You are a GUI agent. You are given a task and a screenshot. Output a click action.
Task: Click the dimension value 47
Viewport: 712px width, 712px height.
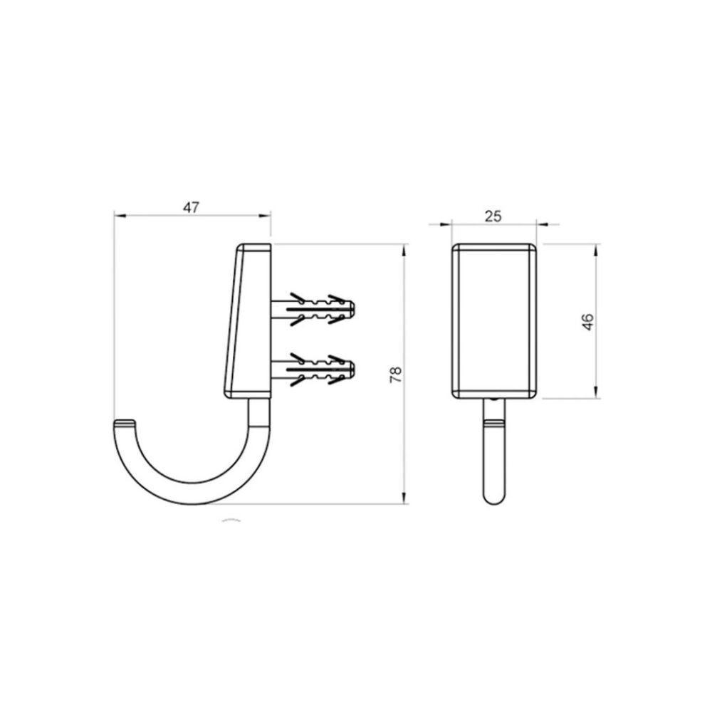pyautogui.click(x=191, y=207)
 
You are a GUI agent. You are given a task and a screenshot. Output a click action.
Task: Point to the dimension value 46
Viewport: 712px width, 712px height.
pyautogui.click(x=587, y=321)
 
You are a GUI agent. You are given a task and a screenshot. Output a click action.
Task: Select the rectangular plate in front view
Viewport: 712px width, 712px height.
pyautogui.click(x=495, y=320)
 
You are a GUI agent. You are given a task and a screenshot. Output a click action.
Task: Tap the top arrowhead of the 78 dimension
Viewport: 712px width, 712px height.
pyautogui.click(x=405, y=250)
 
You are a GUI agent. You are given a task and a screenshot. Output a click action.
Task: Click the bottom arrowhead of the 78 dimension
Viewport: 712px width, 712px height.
pyautogui.click(x=405, y=499)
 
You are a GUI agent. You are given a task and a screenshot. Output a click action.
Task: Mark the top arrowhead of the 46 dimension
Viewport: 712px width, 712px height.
pyautogui.click(x=597, y=248)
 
